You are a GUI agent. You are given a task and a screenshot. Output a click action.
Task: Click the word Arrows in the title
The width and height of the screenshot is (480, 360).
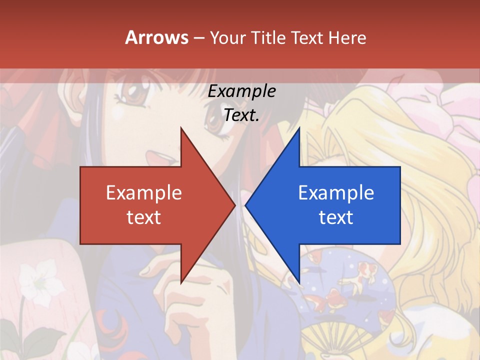coord(156,37)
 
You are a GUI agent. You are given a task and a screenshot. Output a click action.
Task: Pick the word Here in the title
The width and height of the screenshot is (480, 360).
coord(347,37)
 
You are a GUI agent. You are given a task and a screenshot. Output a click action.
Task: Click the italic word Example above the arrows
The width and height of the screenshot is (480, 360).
coord(242,91)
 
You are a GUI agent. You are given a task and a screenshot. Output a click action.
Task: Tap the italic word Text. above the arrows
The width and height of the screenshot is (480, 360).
coord(242,115)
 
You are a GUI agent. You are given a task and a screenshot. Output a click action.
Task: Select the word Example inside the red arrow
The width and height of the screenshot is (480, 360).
coord(144,192)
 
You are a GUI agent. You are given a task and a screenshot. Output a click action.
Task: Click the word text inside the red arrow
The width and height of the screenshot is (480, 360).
coord(144,217)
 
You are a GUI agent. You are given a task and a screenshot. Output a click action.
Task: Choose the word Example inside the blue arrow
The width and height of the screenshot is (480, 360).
coord(336,192)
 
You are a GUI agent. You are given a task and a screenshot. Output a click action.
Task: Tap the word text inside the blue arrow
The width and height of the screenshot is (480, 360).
coord(336,217)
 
